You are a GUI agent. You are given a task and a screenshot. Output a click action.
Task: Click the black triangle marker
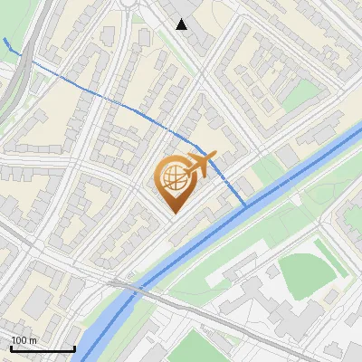tap(182, 24)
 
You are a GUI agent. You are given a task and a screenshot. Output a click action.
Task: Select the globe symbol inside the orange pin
tap(172, 178)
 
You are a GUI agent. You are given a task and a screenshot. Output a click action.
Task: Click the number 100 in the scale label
tap(19, 340)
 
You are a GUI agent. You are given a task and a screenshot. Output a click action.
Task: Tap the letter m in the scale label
tap(33, 340)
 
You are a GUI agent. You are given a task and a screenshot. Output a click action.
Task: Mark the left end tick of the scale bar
tap(11, 348)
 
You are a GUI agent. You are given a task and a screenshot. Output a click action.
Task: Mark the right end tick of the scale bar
tap(74, 348)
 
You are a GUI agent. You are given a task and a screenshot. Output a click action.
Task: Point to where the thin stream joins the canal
tap(246, 206)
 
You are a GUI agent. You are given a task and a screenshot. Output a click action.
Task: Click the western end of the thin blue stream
tap(6, 41)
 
